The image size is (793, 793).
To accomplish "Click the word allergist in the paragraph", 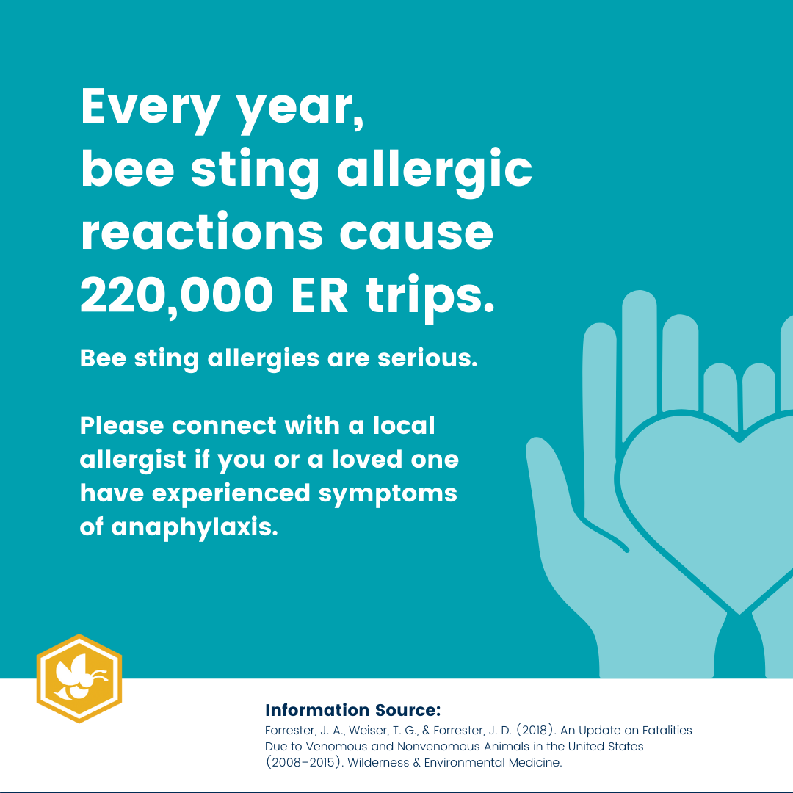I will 132,460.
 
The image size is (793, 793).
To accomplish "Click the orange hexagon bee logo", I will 79,678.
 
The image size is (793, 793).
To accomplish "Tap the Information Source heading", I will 352,710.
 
